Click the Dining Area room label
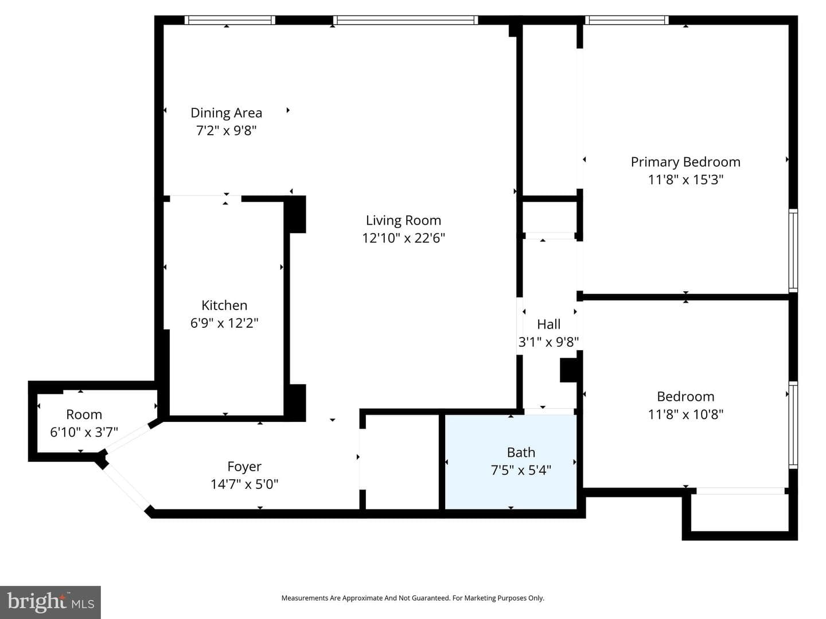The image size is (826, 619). point(226,113)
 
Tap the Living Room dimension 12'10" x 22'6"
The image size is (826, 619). point(403,238)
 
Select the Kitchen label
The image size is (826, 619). point(224,305)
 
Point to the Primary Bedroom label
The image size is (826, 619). point(685,162)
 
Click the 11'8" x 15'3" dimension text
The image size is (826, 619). point(685,179)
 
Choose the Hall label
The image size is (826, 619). point(548,324)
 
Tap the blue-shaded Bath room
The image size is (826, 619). point(511,461)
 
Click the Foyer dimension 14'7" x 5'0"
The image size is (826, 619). point(244,484)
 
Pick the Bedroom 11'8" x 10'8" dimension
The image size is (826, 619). point(685,414)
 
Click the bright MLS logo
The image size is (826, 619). point(50,602)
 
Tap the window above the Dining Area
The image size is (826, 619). point(229,20)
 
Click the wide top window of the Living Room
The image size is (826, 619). point(406,20)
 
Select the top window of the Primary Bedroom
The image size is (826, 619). point(626,20)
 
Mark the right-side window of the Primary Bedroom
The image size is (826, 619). point(793,250)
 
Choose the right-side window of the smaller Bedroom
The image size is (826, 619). point(793,425)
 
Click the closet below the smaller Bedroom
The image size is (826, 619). point(739,512)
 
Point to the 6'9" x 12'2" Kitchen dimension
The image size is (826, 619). point(224,323)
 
